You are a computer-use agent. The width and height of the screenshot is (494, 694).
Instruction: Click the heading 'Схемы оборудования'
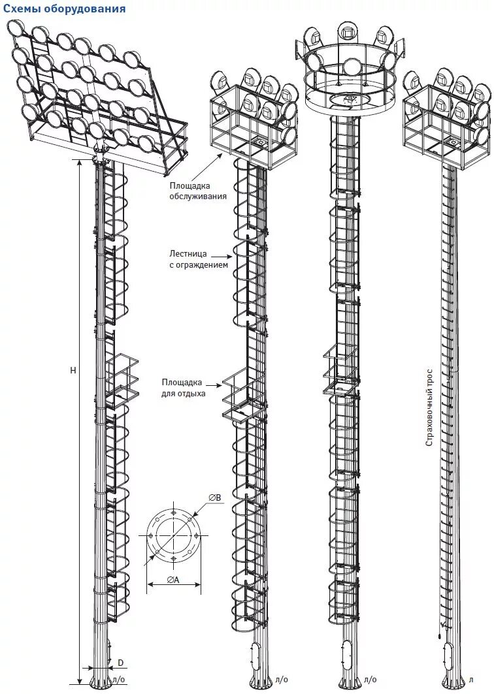[64, 8]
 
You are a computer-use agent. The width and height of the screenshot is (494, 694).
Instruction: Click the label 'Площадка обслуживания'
[199, 191]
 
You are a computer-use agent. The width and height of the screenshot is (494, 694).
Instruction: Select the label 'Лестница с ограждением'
[200, 259]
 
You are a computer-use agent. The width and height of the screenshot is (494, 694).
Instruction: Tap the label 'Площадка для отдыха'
[182, 388]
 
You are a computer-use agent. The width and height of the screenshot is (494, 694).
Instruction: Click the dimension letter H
[73, 370]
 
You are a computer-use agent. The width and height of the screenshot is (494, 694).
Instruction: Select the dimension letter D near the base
[120, 663]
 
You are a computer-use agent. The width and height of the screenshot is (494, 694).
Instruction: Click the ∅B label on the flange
[215, 498]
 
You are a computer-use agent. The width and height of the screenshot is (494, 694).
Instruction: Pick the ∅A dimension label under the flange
[173, 580]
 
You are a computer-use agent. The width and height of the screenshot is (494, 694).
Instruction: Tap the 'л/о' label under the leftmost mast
[119, 680]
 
